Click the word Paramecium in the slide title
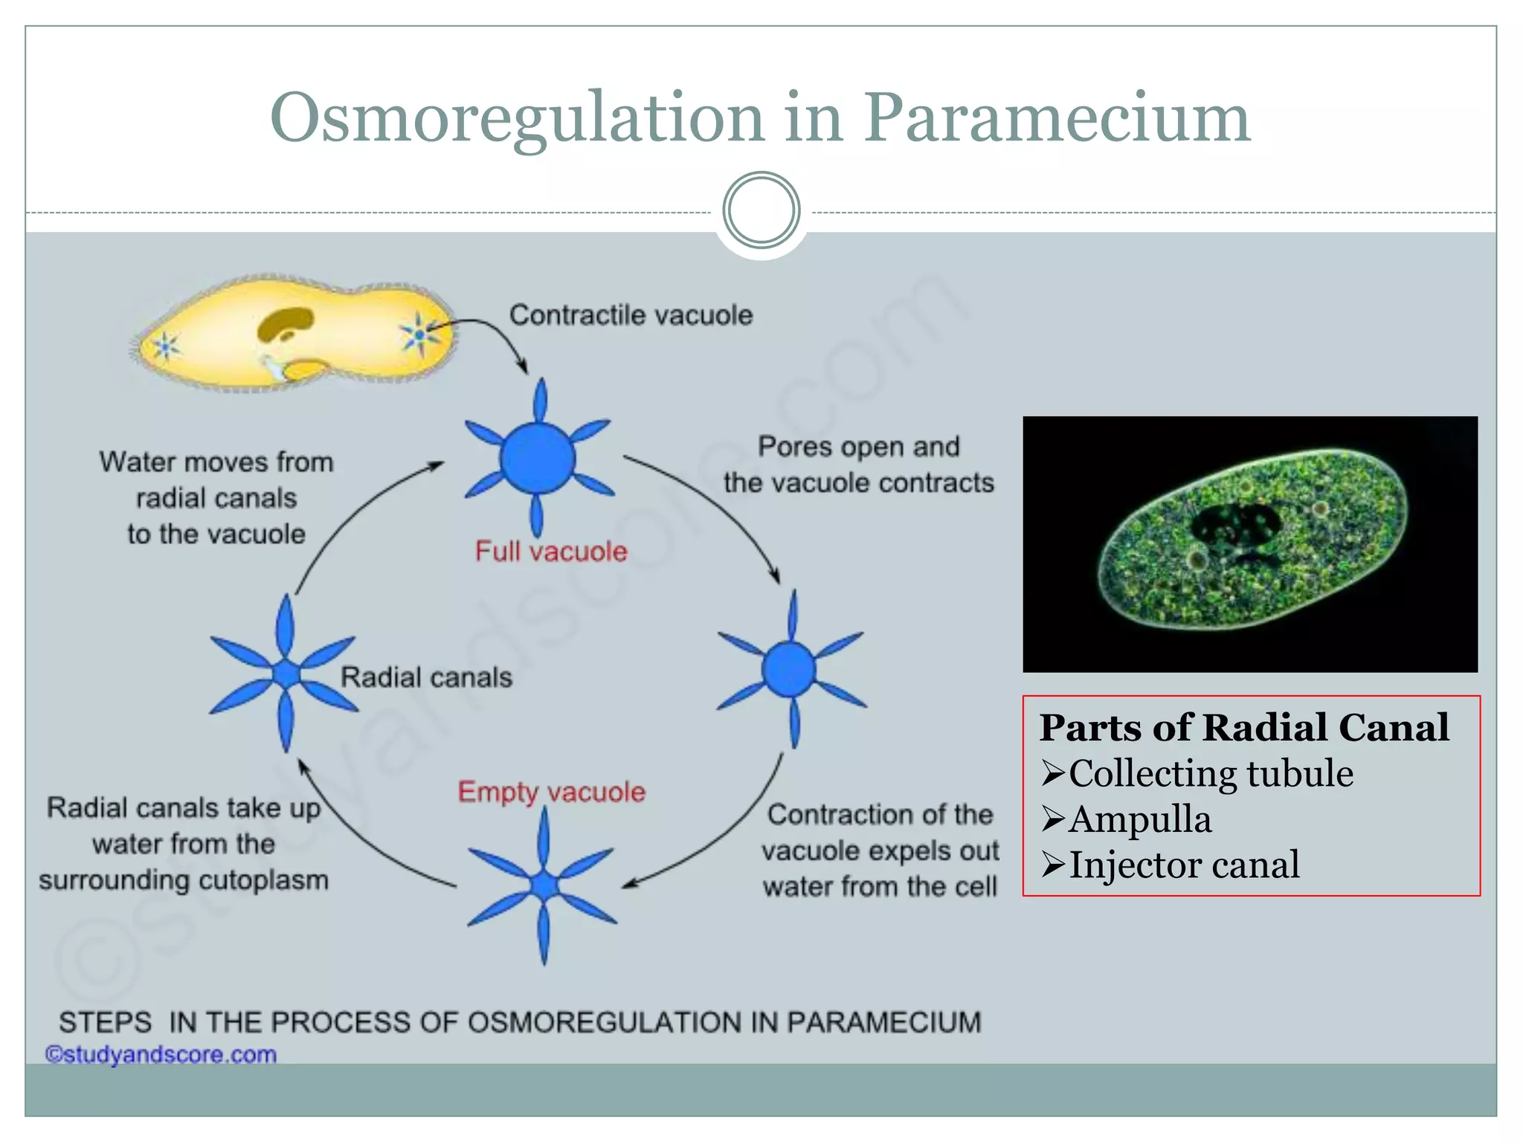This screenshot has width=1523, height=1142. click(x=1056, y=119)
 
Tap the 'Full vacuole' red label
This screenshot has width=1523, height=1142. click(x=551, y=552)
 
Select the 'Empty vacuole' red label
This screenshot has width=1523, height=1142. click(x=551, y=792)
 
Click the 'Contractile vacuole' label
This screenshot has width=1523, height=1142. click(x=631, y=315)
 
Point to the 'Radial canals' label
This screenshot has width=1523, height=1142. click(x=426, y=677)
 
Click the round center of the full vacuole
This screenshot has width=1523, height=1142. click(x=538, y=458)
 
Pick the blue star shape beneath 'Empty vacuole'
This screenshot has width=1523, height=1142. click(x=544, y=885)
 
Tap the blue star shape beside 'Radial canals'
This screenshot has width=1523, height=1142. click(x=285, y=674)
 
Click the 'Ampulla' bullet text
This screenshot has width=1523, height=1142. click(x=1139, y=819)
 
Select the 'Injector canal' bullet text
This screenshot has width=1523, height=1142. click(x=1183, y=865)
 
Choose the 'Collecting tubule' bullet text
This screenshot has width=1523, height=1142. click(x=1210, y=774)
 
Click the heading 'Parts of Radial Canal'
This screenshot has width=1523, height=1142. click(x=1243, y=727)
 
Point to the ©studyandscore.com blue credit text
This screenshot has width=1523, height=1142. click(x=161, y=1054)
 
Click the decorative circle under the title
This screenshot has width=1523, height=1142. click(x=761, y=210)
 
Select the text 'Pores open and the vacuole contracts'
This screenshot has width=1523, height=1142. click(x=859, y=465)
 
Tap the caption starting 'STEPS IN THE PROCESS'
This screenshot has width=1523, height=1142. click(x=520, y=1022)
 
